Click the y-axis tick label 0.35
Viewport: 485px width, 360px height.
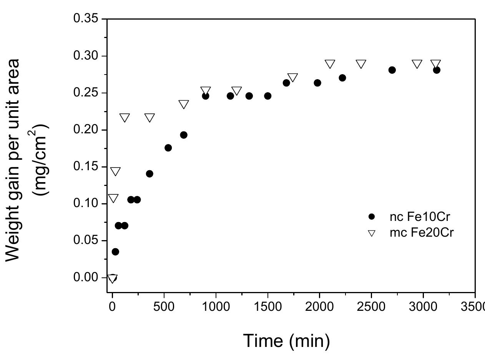(85, 19)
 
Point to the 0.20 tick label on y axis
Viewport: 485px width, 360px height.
(85, 130)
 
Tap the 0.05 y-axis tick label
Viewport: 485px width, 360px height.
(85, 241)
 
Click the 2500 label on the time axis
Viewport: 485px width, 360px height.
(371, 307)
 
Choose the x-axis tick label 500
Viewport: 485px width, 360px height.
(164, 307)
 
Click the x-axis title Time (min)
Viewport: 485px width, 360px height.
(287, 340)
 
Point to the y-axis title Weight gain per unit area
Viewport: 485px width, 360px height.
(14, 160)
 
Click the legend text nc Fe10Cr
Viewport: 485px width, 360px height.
(419, 217)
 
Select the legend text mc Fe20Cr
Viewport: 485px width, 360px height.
(422, 233)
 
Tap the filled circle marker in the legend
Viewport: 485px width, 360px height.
(371, 217)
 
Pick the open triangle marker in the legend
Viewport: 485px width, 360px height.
(371, 233)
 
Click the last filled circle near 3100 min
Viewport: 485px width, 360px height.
(436, 70)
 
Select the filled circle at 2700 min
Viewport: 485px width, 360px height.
(392, 70)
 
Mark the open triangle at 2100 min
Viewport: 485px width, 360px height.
(330, 64)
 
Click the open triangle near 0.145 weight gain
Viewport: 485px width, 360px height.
(115, 171)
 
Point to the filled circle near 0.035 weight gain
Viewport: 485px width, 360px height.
(115, 252)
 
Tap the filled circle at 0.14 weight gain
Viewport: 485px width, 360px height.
(149, 174)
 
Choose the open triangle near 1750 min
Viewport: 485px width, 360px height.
(292, 78)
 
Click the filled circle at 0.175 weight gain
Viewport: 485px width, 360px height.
(168, 148)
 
